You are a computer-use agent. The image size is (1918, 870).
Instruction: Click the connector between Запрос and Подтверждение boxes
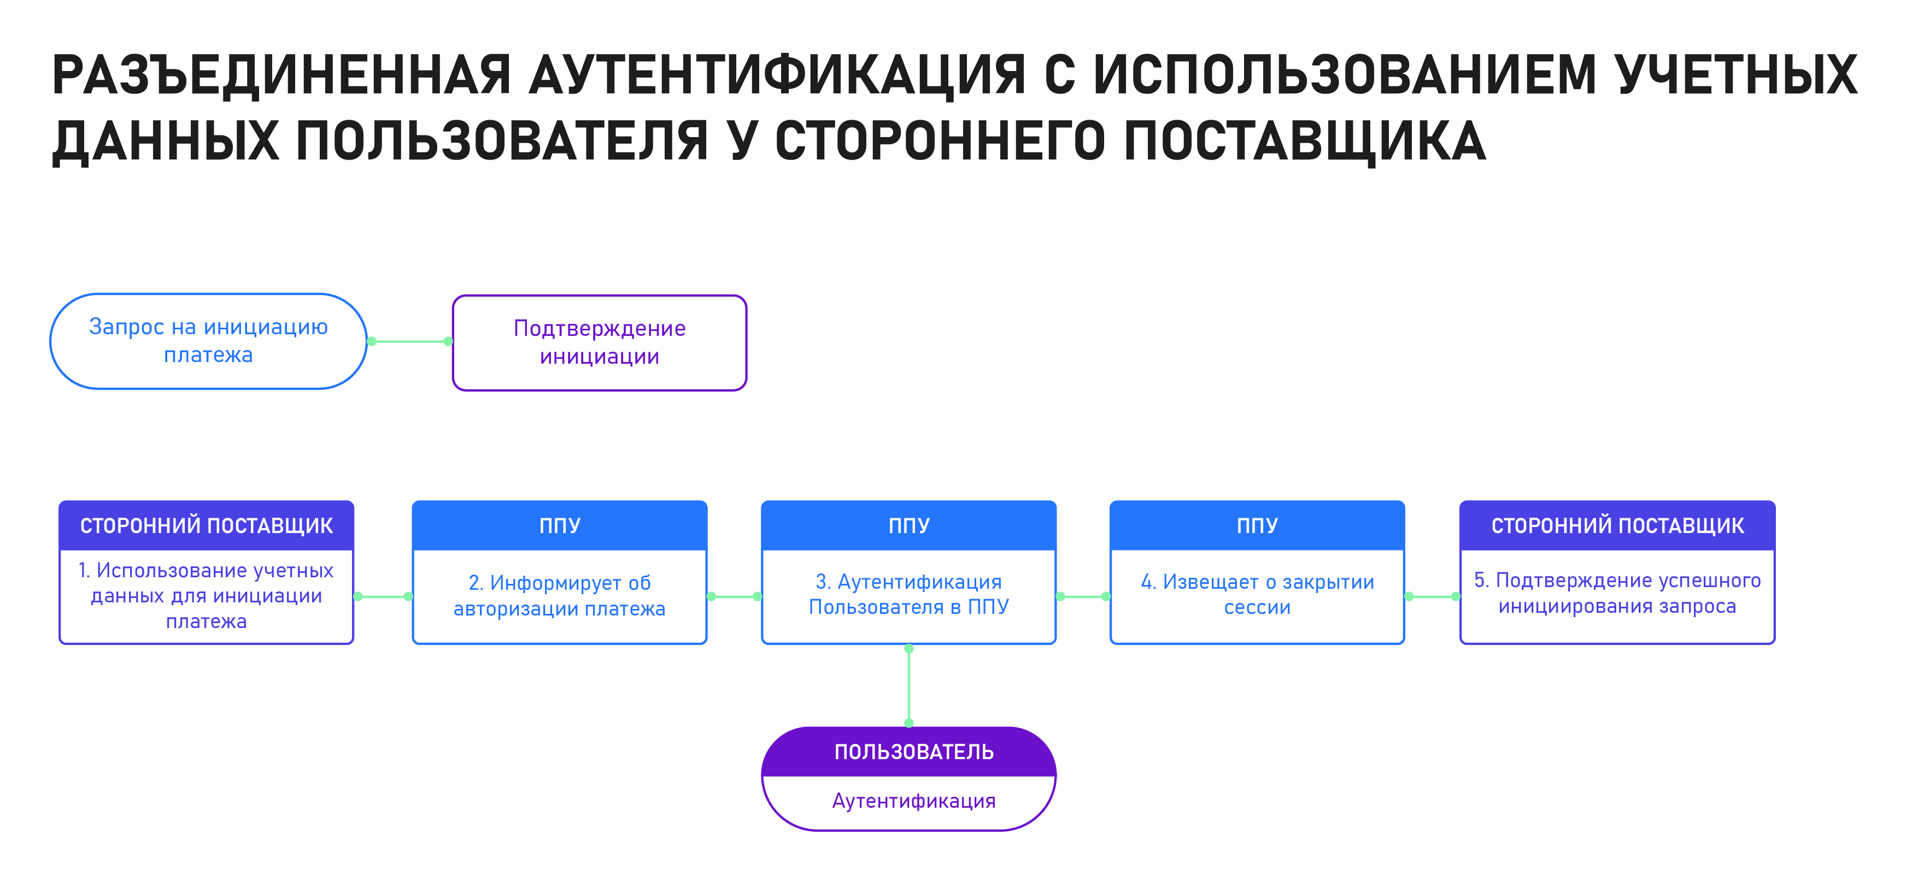(409, 341)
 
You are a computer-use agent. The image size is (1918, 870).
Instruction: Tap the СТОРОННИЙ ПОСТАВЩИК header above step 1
(206, 525)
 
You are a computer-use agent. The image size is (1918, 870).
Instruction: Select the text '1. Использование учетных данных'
(206, 583)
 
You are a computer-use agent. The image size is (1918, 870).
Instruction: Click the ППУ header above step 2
(559, 525)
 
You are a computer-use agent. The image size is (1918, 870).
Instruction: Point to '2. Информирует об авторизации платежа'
(559, 595)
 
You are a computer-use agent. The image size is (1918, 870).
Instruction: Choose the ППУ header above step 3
(908, 525)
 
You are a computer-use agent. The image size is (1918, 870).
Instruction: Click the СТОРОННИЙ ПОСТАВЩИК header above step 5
(1617, 525)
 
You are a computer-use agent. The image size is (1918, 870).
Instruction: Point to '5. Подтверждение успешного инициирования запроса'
(1617, 593)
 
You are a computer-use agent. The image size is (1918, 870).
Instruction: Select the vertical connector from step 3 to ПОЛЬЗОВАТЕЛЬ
(908, 686)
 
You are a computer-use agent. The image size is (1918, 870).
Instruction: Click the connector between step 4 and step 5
(1432, 596)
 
